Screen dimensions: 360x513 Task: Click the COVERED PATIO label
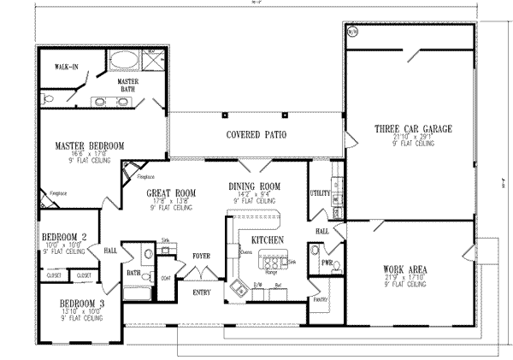tap(256, 135)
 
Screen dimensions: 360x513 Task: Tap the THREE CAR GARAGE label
tap(413, 128)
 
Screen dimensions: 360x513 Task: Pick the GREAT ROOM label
tap(170, 194)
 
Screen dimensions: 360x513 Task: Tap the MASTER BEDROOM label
tap(84, 146)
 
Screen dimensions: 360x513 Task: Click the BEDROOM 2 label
tap(63, 237)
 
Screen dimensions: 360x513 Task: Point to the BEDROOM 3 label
tap(81, 303)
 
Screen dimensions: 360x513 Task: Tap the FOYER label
tap(201, 255)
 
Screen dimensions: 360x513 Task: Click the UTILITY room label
tap(320, 193)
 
